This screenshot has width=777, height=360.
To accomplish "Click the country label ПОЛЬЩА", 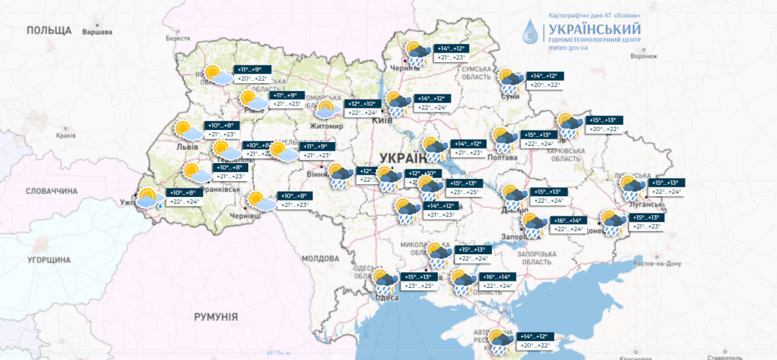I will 49,30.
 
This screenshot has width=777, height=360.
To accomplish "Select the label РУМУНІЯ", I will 216,317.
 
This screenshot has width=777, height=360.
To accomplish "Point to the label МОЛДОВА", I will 320,258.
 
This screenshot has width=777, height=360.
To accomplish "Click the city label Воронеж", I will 644,57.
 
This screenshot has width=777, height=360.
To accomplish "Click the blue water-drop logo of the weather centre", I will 531,32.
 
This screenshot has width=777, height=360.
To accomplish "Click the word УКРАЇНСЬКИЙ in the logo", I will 592,29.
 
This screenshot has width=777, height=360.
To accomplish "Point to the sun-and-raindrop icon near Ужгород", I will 148,198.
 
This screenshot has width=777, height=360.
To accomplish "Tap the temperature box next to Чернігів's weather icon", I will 452,53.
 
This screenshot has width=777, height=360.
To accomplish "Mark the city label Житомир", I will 327,126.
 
